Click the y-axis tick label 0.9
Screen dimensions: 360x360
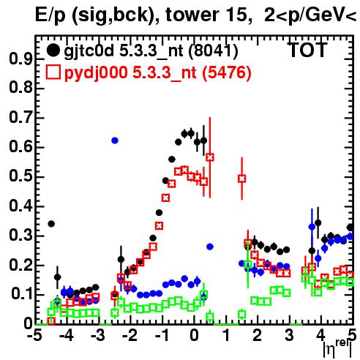(x=20, y=59)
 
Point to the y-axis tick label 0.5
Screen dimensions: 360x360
(x=20, y=176)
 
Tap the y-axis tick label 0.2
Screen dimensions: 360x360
(x=20, y=265)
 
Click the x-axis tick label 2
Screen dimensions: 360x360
(x=257, y=335)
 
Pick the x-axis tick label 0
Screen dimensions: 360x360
(x=194, y=335)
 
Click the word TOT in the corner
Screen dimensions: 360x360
(x=308, y=50)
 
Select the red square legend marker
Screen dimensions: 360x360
(x=53, y=72)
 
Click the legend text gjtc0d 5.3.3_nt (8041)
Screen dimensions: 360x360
(x=151, y=51)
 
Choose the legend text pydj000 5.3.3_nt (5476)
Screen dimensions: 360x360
(x=158, y=73)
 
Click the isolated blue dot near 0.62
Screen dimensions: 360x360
(x=115, y=140)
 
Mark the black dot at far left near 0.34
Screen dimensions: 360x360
(x=51, y=224)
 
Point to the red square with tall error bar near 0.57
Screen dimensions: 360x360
(x=210, y=157)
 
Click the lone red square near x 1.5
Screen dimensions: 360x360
(x=241, y=179)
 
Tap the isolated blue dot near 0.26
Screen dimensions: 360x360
(x=210, y=247)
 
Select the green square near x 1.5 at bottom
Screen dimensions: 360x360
(x=241, y=314)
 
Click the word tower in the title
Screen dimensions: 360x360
(x=190, y=15)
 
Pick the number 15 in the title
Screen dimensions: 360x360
(x=236, y=15)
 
